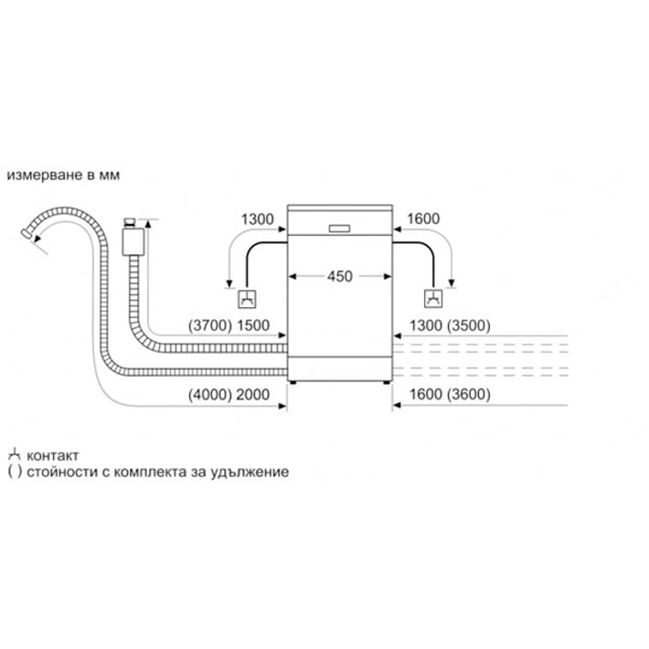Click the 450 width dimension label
pos(340,276)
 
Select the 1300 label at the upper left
pos(258,219)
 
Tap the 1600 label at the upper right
pos(423,218)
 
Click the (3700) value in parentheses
pos(210,325)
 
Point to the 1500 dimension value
pos(253,325)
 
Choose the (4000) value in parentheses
pos(210,395)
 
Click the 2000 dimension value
pos(253,395)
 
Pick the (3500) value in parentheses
pos(469,325)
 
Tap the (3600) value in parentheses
pos(469,394)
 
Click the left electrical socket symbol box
pos(247,299)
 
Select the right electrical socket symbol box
pos(433,298)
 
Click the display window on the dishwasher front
pos(339,229)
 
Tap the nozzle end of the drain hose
pos(27,233)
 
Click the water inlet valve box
pos(133,241)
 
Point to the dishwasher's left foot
pos(293,382)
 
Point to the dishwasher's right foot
pos(387,382)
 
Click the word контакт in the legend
pos(53,456)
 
